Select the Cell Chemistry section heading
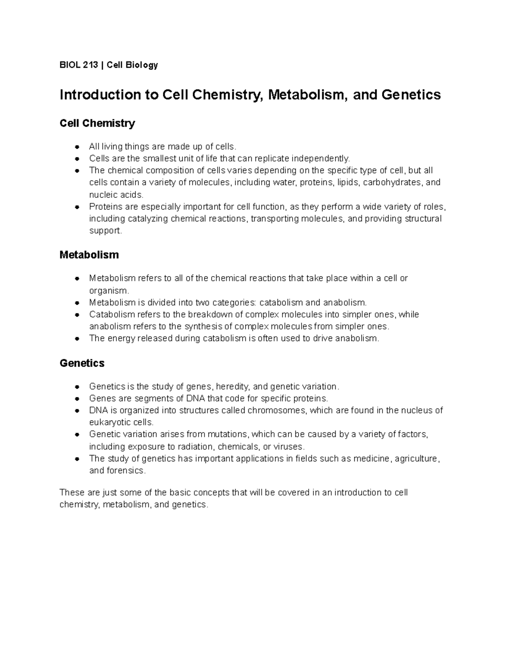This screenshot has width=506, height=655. pos(97,123)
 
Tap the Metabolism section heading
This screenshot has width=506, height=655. pos(89,255)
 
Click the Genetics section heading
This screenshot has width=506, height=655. pos(82,363)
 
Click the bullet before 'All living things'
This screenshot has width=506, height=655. pos(77,147)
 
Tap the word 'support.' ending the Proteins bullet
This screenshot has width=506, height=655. pos(105,231)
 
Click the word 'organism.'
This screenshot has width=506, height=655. pos(108,291)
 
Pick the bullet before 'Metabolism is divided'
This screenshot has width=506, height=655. pos(77,303)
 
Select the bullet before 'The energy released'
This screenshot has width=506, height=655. pos(77,339)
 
